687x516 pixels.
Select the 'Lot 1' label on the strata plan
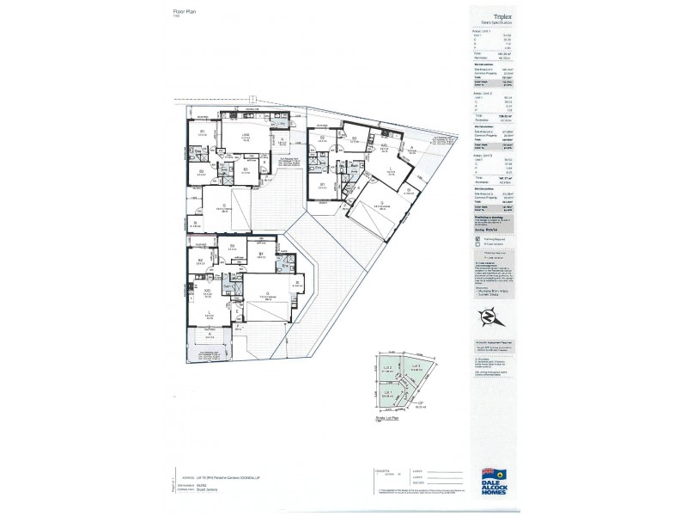387,392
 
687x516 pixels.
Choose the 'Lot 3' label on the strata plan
414,366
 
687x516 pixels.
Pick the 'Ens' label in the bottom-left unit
285,267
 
